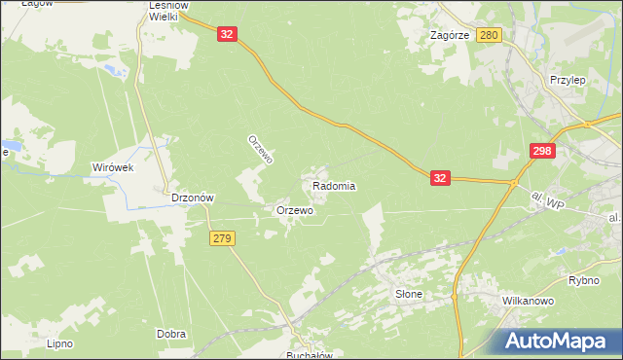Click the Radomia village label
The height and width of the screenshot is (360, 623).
click(334, 186)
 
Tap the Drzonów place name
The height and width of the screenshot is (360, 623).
click(192, 197)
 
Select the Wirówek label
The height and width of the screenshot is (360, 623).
click(112, 167)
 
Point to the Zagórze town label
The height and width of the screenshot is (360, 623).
click(450, 35)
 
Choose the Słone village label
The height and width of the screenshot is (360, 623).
click(409, 293)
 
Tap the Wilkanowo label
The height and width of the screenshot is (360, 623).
click(528, 302)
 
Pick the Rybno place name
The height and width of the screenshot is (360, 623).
click(584, 280)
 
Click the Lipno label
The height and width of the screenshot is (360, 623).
click(60, 343)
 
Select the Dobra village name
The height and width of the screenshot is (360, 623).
click(171, 334)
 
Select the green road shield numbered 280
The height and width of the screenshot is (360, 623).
click(490, 35)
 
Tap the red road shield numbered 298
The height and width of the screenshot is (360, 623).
click(543, 151)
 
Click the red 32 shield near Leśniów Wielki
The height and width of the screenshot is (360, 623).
click(227, 34)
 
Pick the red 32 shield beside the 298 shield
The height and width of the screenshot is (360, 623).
click(441, 178)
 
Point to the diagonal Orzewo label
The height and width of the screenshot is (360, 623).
click(261, 148)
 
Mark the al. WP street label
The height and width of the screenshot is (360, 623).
click(549, 200)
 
